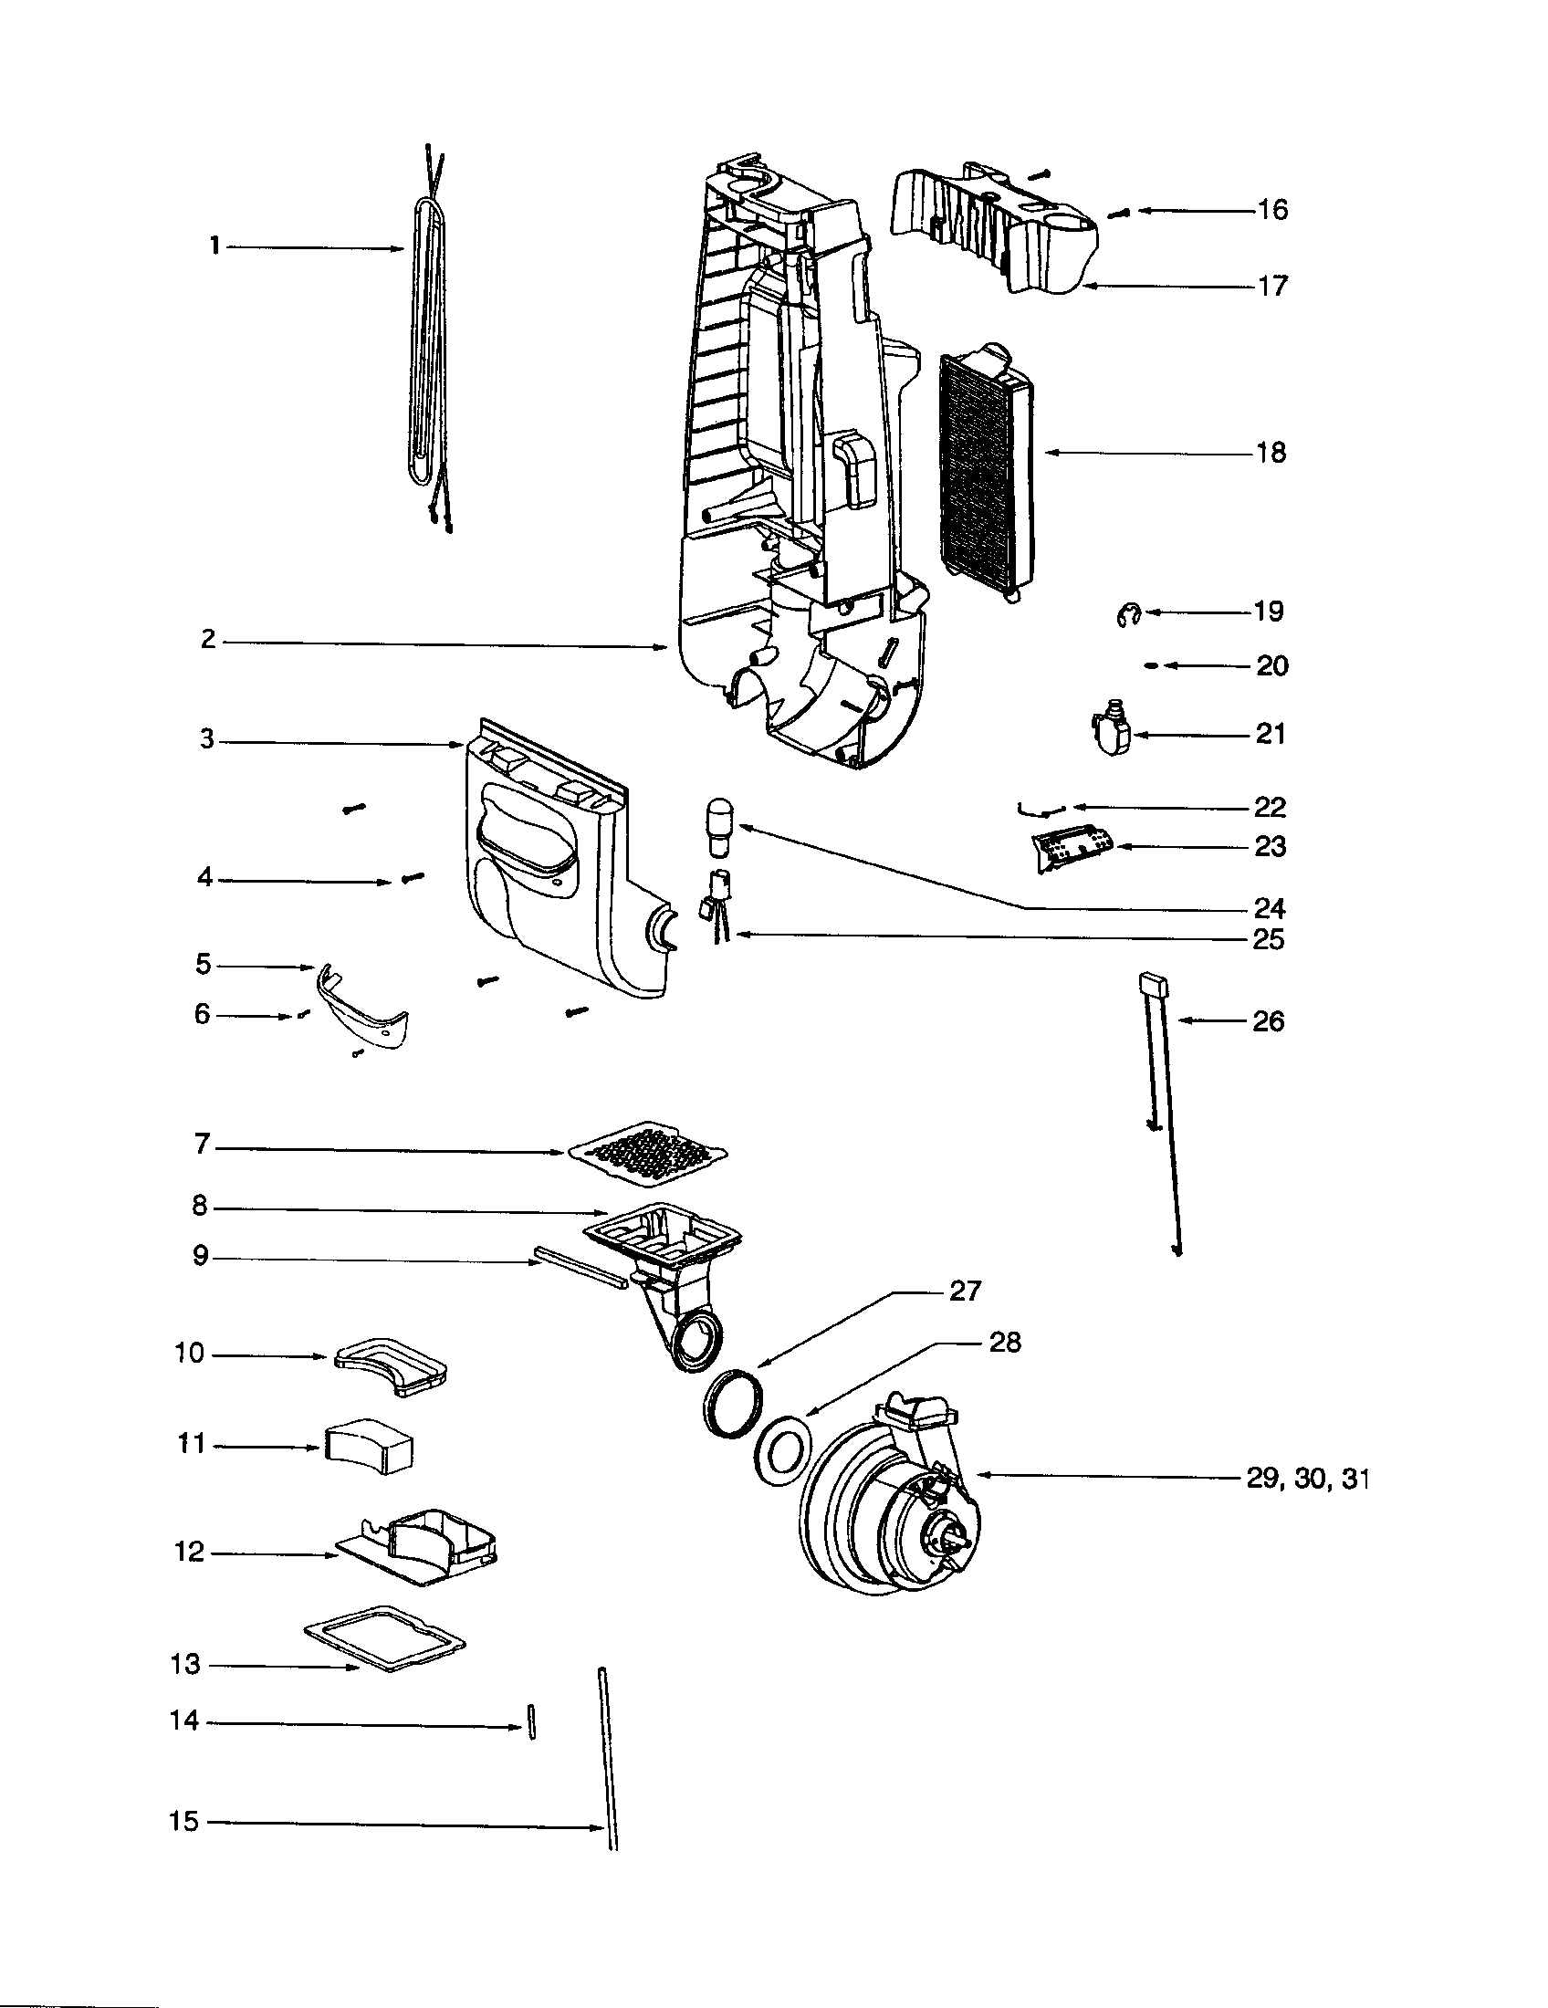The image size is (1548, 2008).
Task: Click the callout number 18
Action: click(x=1271, y=453)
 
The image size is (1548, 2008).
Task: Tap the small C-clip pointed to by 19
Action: click(x=1129, y=616)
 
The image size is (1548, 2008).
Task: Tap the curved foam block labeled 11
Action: click(x=368, y=1447)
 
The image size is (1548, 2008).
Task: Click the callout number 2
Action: click(x=209, y=639)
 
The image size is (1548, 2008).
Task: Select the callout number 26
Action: click(x=1268, y=1021)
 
